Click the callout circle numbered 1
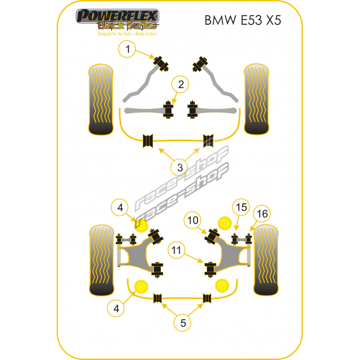click(x=128, y=50)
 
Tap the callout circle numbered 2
click(x=180, y=84)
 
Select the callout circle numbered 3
click(x=180, y=168)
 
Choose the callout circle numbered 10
click(x=193, y=220)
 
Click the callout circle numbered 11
click(x=178, y=251)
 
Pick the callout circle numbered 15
click(x=241, y=207)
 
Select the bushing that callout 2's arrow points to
click(x=169, y=110)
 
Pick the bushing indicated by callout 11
click(x=209, y=269)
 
